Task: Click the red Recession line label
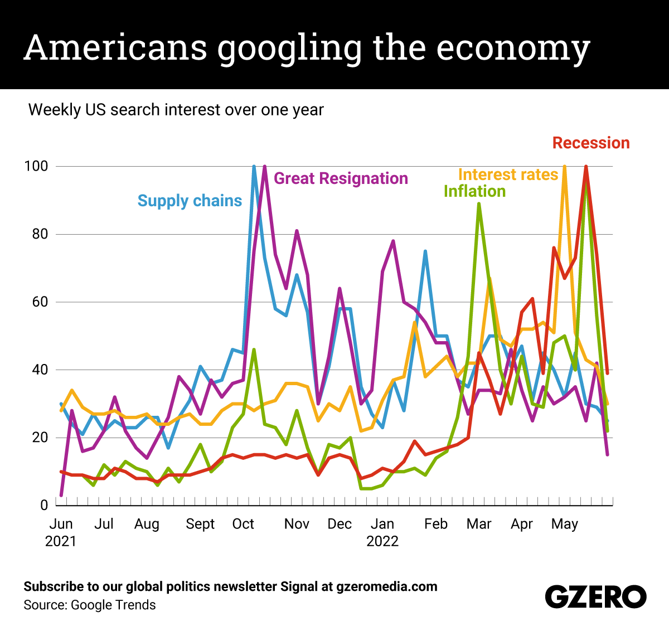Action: (591, 143)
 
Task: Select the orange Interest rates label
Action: (508, 174)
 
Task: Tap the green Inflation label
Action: (474, 191)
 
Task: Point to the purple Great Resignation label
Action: (341, 178)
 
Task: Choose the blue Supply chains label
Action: (190, 201)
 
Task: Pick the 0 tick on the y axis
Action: (45, 505)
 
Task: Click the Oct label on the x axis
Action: (243, 524)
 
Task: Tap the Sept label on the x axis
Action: (200, 524)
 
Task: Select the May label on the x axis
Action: (564, 524)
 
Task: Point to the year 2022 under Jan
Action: (382, 541)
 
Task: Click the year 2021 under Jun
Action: (61, 541)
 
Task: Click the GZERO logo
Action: (595, 597)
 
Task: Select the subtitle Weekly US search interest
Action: (176, 110)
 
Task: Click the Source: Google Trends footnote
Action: (90, 605)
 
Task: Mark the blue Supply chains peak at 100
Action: (254, 167)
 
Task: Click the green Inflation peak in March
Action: (479, 204)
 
